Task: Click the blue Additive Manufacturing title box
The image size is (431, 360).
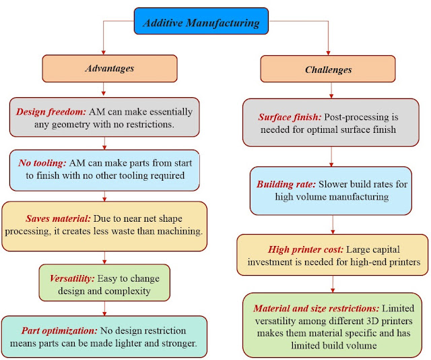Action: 201,21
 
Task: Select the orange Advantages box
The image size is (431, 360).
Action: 110,68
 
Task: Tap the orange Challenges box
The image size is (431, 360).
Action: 328,69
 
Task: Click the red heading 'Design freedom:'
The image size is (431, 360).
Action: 51,112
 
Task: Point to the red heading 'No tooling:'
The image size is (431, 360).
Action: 42,163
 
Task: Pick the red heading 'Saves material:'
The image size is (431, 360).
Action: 58,218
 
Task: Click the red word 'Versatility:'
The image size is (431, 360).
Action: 72,278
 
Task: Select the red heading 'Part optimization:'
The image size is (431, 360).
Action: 59,330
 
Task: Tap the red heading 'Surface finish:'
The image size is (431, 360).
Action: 290,117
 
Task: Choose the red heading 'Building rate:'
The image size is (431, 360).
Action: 286,184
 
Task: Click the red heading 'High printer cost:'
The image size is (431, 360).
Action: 306,249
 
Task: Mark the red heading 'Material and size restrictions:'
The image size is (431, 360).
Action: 317,308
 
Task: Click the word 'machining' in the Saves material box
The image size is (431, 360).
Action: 180,231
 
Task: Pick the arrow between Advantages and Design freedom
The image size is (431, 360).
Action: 104,89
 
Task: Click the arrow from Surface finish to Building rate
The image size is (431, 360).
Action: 331,156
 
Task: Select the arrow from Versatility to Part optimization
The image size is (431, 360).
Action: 104,309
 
